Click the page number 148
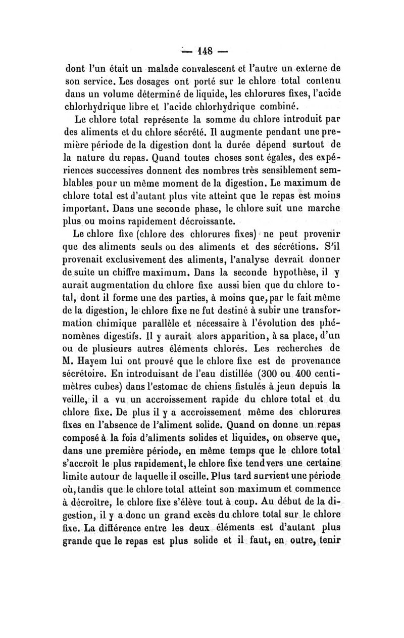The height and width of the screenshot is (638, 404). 204,51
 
